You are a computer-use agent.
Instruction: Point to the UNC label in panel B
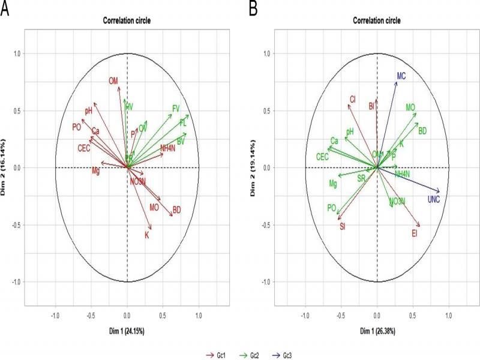click(x=434, y=199)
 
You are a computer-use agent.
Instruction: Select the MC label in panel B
click(x=401, y=76)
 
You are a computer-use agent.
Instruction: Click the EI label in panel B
click(x=415, y=233)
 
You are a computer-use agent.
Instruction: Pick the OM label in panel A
click(x=114, y=81)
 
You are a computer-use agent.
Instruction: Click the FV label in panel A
click(x=176, y=108)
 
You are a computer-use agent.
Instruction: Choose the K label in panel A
click(x=146, y=235)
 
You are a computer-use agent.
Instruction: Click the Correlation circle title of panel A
click(x=127, y=21)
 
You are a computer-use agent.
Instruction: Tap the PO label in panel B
click(x=331, y=208)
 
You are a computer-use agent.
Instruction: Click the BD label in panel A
click(x=177, y=210)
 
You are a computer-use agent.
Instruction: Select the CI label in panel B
click(x=353, y=100)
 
